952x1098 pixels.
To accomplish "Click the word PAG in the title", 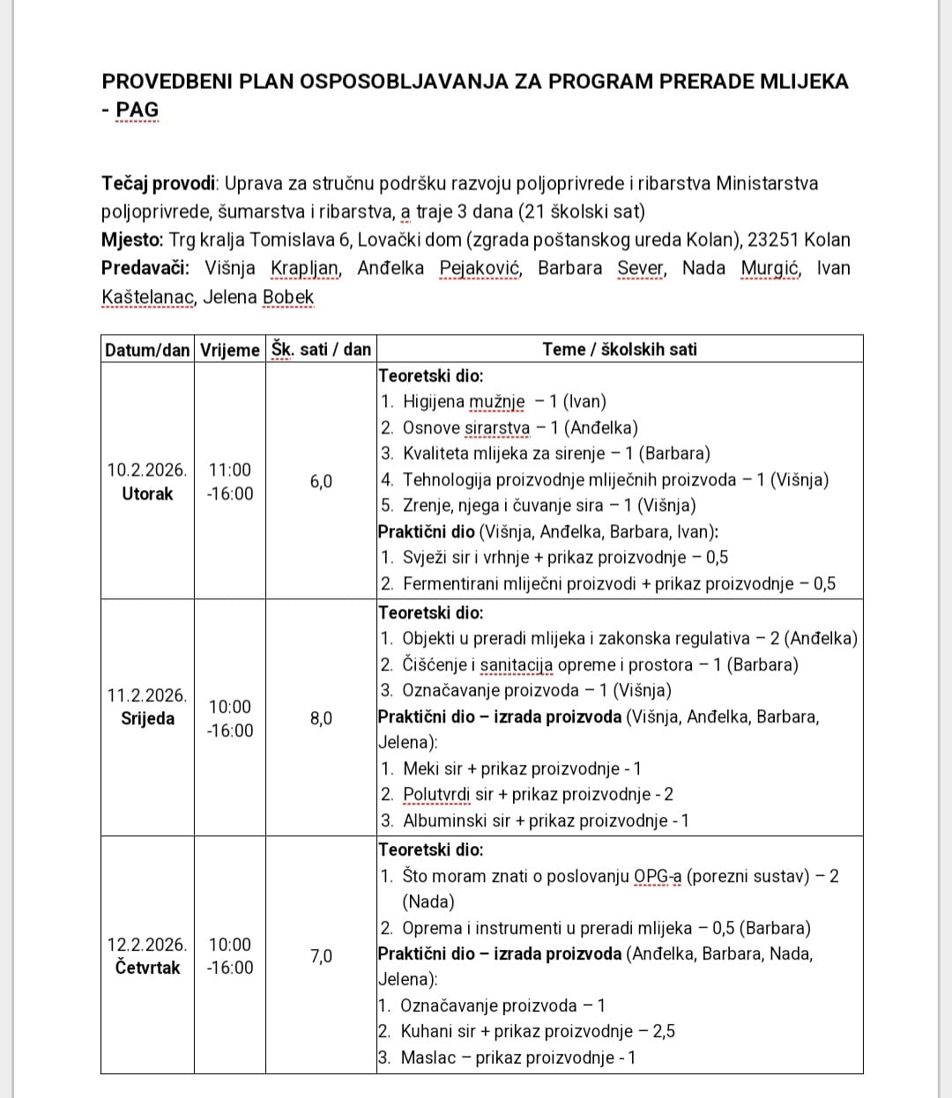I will click(x=138, y=110).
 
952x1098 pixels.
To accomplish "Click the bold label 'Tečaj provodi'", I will click(x=159, y=183).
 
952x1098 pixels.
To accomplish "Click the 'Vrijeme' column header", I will click(x=229, y=349).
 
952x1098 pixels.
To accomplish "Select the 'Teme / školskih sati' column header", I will click(x=619, y=349).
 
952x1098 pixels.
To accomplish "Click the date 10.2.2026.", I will click(x=146, y=470).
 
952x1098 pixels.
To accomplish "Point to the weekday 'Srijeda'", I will click(x=147, y=718).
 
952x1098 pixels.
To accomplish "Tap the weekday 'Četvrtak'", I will click(x=147, y=968).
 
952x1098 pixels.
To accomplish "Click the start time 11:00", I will click(x=229, y=470).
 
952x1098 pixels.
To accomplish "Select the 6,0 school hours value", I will click(x=321, y=481).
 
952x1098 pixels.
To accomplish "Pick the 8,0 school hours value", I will click(x=321, y=718).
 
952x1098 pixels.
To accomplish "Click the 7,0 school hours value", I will click(x=321, y=956).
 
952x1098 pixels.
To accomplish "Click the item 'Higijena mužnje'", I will click(x=463, y=402).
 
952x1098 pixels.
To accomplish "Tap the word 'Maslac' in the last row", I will click(x=428, y=1057).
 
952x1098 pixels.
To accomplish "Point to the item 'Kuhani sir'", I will click(x=438, y=1031).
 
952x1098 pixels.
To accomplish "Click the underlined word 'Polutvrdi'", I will click(x=436, y=794).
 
